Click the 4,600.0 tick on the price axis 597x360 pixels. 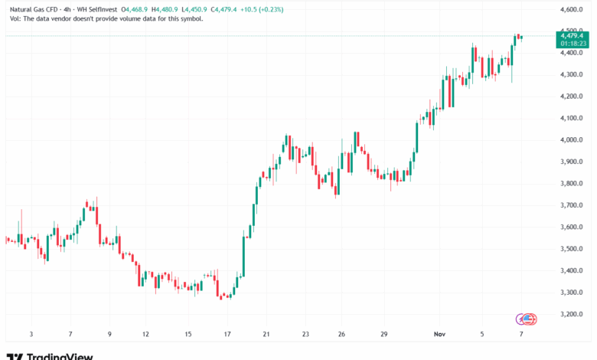(572, 9)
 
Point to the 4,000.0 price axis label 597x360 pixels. (572, 140)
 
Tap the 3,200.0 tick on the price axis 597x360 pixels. (572, 314)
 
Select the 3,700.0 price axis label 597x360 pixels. (572, 205)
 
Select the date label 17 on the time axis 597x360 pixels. (227, 334)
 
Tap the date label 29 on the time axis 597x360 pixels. (384, 334)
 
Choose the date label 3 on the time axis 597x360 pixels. (31, 334)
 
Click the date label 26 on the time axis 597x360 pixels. (342, 334)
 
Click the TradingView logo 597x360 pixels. (51, 356)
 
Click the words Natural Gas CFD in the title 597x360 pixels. (30, 8)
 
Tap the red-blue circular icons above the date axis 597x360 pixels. (527, 318)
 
